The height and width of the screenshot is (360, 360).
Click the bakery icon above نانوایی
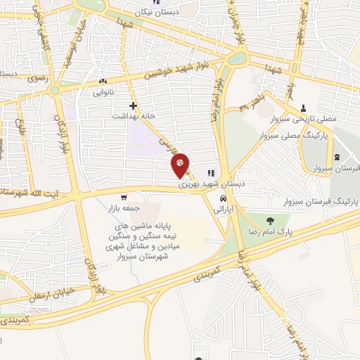(103, 81)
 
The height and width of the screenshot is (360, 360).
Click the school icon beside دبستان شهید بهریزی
(211, 173)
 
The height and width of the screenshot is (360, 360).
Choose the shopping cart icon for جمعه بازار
(124, 198)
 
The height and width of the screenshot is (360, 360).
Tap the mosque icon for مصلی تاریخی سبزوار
(303, 108)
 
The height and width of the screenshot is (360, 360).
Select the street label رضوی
(37, 78)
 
